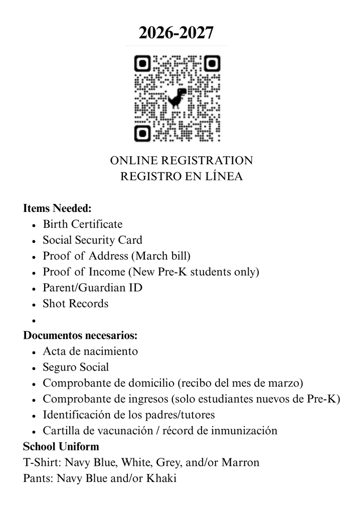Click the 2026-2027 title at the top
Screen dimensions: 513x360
tap(176, 33)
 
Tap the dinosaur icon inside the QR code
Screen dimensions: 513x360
tap(176, 98)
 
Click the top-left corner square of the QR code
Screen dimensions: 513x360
tap(142, 64)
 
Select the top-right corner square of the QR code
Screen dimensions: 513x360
tap(212, 64)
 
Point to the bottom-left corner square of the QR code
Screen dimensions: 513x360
tap(142, 133)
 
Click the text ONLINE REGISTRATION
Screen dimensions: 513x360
tap(181, 161)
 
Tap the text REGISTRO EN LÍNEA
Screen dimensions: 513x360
tap(181, 177)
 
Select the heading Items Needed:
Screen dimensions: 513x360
tap(57, 208)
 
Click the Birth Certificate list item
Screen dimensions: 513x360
tap(82, 224)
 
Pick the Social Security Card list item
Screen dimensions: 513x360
tap(92, 240)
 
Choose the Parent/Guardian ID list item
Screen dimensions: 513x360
tap(92, 288)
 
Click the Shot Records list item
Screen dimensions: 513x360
tap(75, 304)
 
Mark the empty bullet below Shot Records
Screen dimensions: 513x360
tap(33, 321)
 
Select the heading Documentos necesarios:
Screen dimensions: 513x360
tap(80, 335)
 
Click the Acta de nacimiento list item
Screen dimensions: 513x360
tap(90, 351)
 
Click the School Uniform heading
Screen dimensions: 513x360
tap(61, 446)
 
